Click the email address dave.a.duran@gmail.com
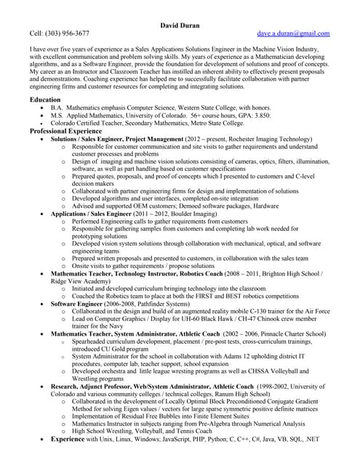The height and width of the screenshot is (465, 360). click(x=293, y=33)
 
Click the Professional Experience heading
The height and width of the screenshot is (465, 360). click(x=67, y=131)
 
